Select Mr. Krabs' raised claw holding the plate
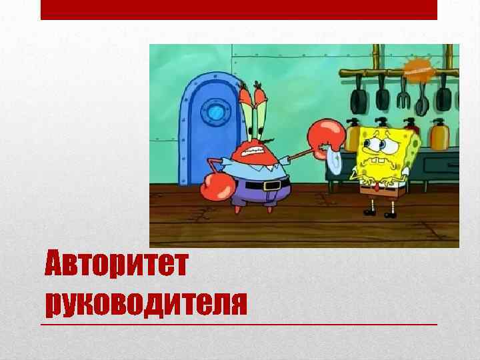click(x=326, y=134)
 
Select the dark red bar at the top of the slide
click(x=239, y=9)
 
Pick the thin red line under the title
click(x=240, y=324)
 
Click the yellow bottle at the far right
click(x=439, y=135)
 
